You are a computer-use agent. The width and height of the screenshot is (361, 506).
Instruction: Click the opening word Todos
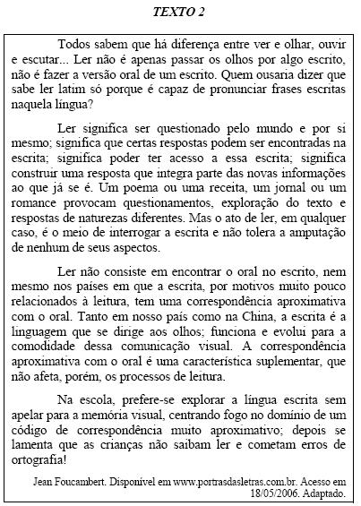point(73,43)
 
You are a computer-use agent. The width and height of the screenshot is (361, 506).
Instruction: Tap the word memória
point(126,406)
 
